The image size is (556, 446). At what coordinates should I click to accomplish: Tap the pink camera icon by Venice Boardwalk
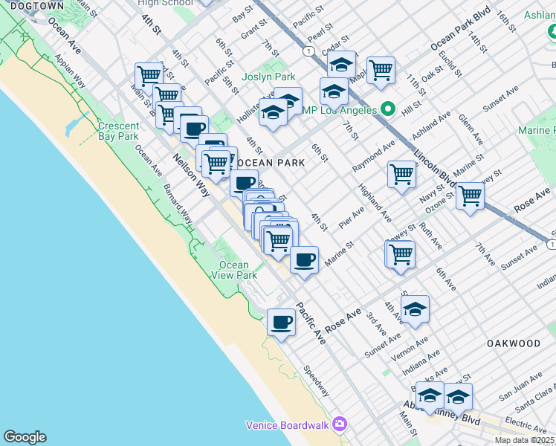coord(340,424)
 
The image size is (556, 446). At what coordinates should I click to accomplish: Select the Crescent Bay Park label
coord(118,131)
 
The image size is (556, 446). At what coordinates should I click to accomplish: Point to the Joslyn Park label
coord(268,77)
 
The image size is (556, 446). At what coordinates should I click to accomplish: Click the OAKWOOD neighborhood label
coord(514,343)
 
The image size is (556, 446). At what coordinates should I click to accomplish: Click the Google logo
coord(25,437)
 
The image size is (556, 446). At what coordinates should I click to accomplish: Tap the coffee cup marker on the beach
coord(281,323)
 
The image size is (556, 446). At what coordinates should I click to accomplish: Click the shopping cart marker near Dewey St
coord(400,253)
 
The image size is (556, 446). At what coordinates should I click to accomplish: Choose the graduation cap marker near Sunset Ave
coord(415,308)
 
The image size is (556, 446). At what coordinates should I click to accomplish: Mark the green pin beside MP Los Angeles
coord(387,109)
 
